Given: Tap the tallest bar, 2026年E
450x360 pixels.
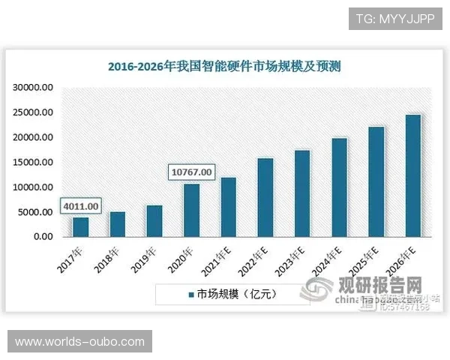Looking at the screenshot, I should [x=412, y=175].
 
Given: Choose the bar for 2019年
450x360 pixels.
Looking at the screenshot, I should [x=154, y=221].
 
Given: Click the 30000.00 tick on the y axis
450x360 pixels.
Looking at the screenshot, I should [x=34, y=88].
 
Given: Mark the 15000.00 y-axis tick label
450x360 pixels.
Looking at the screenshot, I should [x=34, y=162].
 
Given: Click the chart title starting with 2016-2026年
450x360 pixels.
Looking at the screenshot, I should [x=224, y=66].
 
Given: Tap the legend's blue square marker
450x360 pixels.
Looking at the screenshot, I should [x=191, y=294].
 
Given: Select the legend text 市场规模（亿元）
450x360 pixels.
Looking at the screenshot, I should [x=237, y=294].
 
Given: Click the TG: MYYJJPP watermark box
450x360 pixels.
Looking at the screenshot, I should [x=395, y=18].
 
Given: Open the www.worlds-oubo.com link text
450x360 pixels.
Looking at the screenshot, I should [x=80, y=342].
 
